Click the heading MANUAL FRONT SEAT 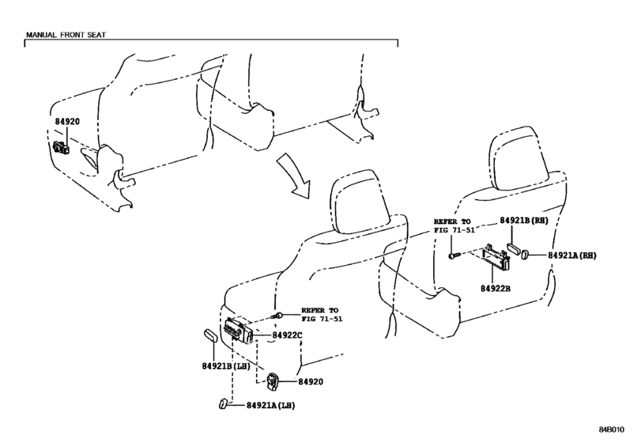tap(66, 35)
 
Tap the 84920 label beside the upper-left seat tap(67, 122)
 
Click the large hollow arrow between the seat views tap(292, 175)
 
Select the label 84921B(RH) tap(524, 221)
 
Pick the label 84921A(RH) tap(572, 256)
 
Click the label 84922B tap(496, 289)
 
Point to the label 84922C tap(287, 335)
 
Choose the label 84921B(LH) tap(226, 366)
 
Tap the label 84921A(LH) tap(270, 405)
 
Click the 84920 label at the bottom tap(311, 381)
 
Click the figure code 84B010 tap(612, 430)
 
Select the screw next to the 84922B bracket tap(454, 256)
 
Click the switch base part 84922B tap(496, 257)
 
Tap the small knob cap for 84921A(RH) tap(526, 255)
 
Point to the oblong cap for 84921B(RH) tap(513, 249)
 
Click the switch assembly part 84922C tap(238, 330)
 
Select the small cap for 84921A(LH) tap(223, 403)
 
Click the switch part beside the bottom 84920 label tap(272, 381)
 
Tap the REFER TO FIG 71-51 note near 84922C tap(322, 315)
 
